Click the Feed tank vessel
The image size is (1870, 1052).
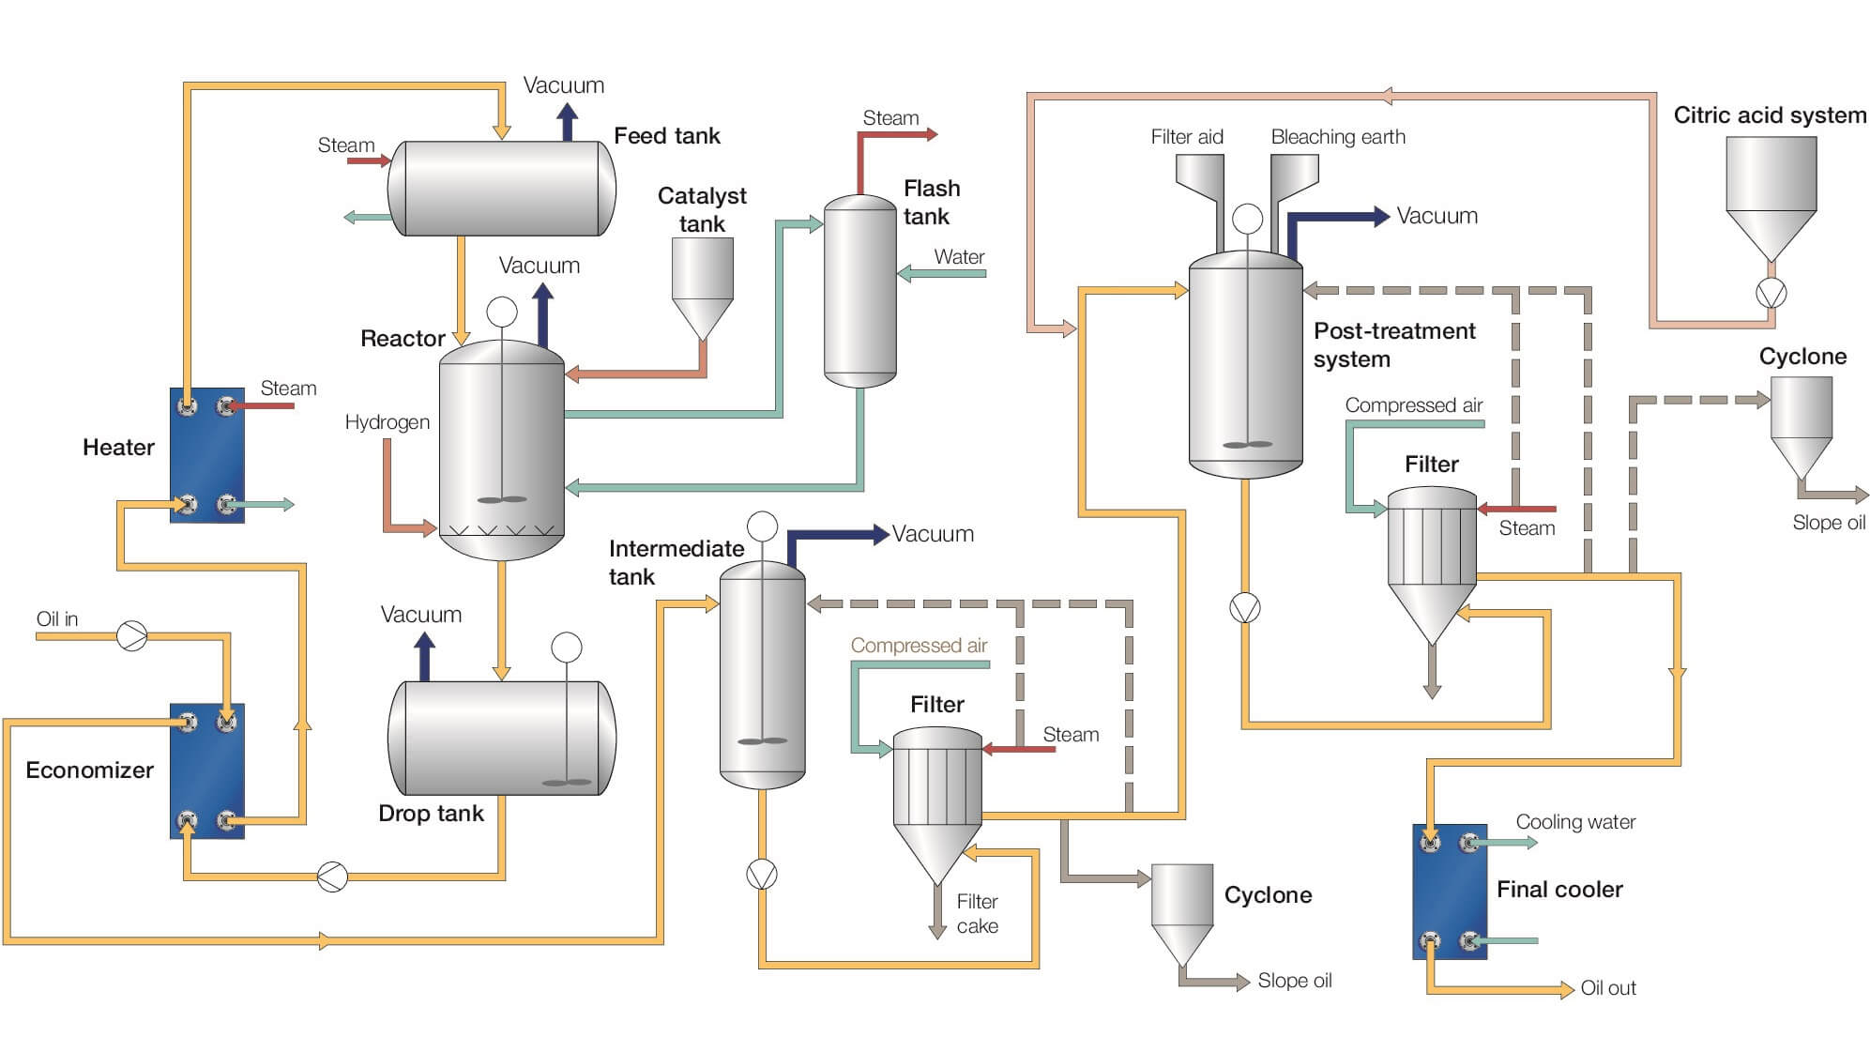click(502, 188)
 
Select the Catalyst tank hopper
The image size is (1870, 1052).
click(702, 282)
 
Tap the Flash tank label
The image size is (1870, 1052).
click(931, 203)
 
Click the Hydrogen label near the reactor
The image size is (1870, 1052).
click(387, 422)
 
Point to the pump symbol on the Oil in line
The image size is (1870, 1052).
click(132, 635)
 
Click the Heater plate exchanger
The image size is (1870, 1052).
click(207, 455)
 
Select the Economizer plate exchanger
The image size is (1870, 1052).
click(207, 770)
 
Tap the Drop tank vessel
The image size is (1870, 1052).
click(502, 738)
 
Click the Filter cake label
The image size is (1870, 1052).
click(977, 913)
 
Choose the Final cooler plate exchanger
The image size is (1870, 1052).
click(1450, 892)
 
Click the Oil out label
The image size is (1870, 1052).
click(1607, 988)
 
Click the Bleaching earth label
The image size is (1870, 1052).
click(1338, 137)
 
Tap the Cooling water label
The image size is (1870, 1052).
click(1575, 822)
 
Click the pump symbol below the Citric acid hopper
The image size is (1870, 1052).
click(1771, 294)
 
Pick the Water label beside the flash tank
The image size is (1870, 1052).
click(959, 257)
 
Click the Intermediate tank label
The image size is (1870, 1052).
click(676, 562)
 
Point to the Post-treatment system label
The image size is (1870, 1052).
click(1393, 344)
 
